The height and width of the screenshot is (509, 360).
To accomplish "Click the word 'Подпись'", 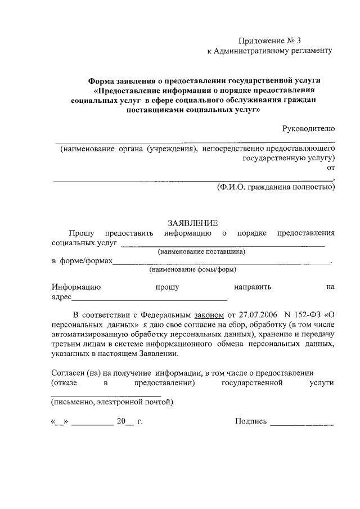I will point(250,420).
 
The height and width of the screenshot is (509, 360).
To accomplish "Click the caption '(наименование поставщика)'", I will point(201,252).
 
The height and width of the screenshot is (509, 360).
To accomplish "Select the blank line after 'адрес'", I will point(149,299).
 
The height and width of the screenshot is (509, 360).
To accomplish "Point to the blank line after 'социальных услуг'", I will point(223,246).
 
